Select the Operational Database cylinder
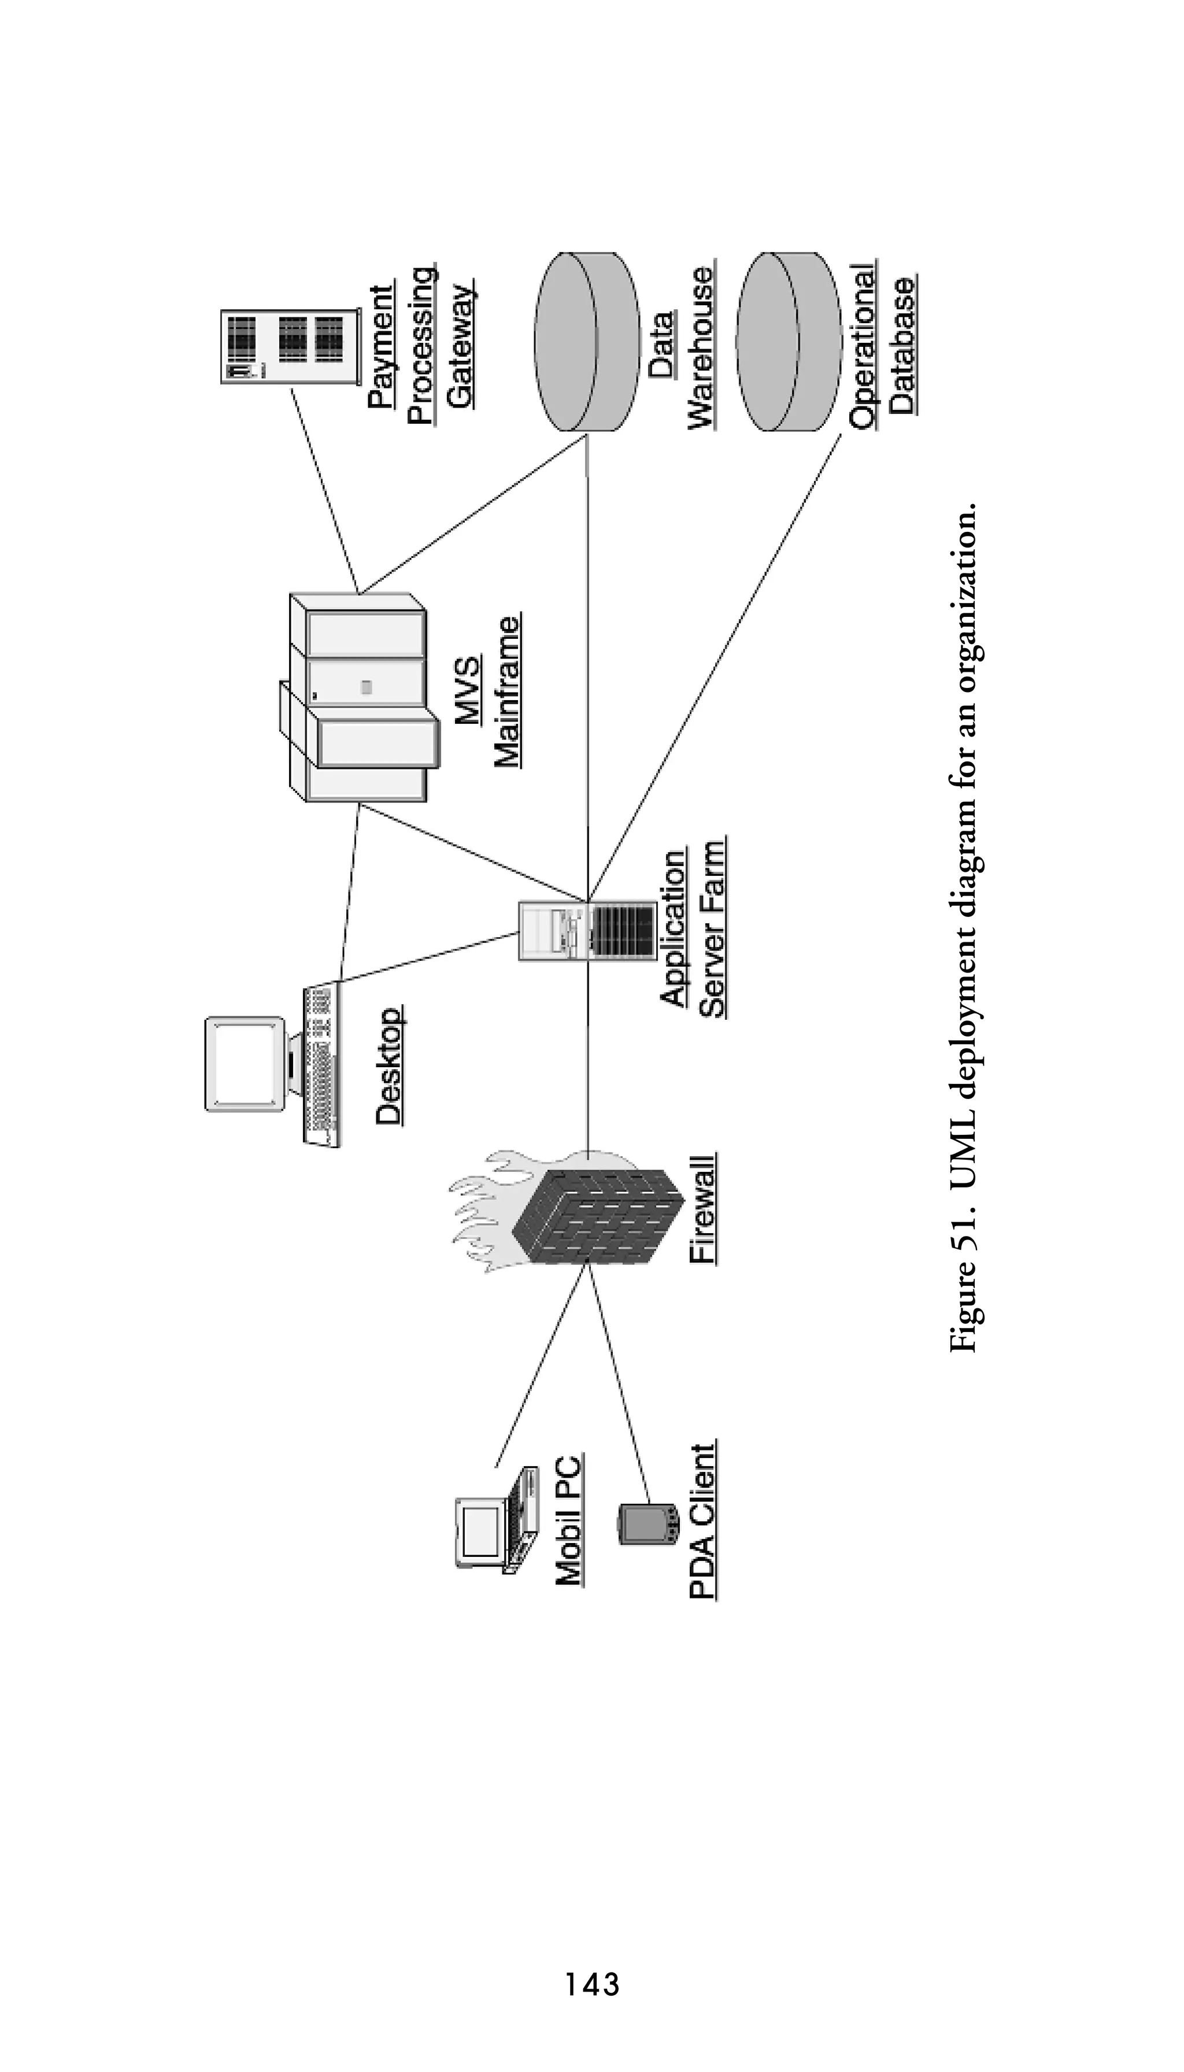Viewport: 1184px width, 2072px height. click(x=788, y=342)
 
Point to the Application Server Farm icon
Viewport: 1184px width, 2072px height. click(x=587, y=931)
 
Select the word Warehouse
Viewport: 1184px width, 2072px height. click(x=701, y=347)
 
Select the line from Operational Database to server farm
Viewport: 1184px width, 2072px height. click(x=716, y=667)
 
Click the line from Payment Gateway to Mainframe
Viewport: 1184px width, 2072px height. click(x=325, y=488)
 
